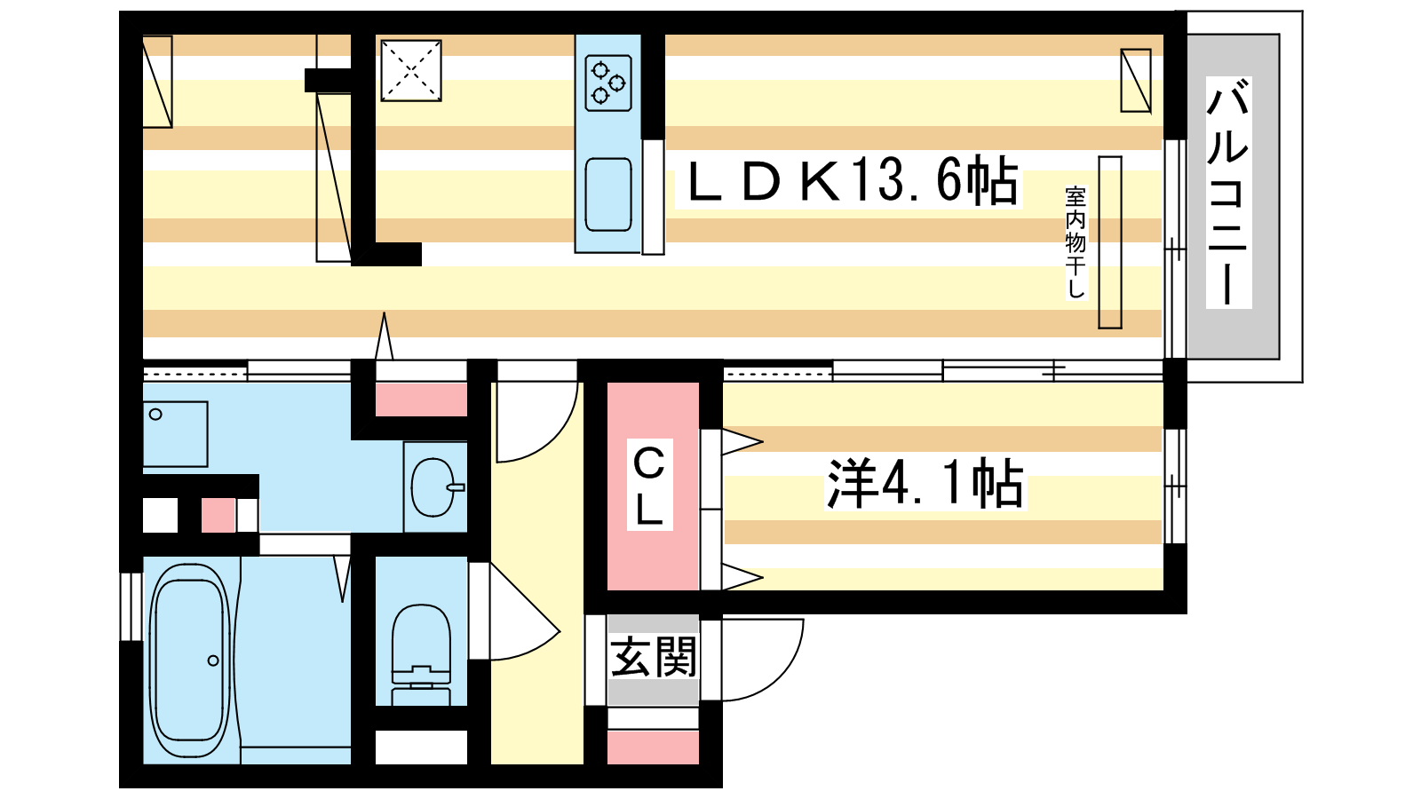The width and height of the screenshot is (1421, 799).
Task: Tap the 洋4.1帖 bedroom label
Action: (x=925, y=483)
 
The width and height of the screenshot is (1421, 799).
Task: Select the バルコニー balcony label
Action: (x=1228, y=192)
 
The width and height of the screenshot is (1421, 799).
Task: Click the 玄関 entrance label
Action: (x=654, y=657)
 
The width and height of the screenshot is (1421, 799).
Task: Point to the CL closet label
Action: (x=649, y=486)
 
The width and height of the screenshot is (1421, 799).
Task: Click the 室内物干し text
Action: (x=1076, y=242)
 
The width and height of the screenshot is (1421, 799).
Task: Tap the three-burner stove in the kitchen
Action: (x=608, y=83)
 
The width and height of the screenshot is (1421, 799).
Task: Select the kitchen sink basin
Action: (x=608, y=194)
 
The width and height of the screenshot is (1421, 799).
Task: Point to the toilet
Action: (x=421, y=655)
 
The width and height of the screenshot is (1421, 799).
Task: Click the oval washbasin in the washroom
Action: (x=434, y=487)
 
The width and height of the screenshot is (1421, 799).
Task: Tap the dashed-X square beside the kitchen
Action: (x=411, y=70)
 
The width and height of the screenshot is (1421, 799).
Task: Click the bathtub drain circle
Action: (x=213, y=661)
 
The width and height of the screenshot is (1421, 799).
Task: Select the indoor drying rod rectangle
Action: (x=1110, y=242)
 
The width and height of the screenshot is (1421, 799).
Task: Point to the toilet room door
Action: (x=514, y=612)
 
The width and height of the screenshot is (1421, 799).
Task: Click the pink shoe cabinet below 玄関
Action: (x=654, y=748)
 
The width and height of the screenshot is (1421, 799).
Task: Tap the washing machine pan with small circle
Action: (x=175, y=434)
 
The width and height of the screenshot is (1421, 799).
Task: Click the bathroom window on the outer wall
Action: (x=131, y=607)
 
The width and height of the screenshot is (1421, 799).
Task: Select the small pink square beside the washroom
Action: (x=218, y=515)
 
